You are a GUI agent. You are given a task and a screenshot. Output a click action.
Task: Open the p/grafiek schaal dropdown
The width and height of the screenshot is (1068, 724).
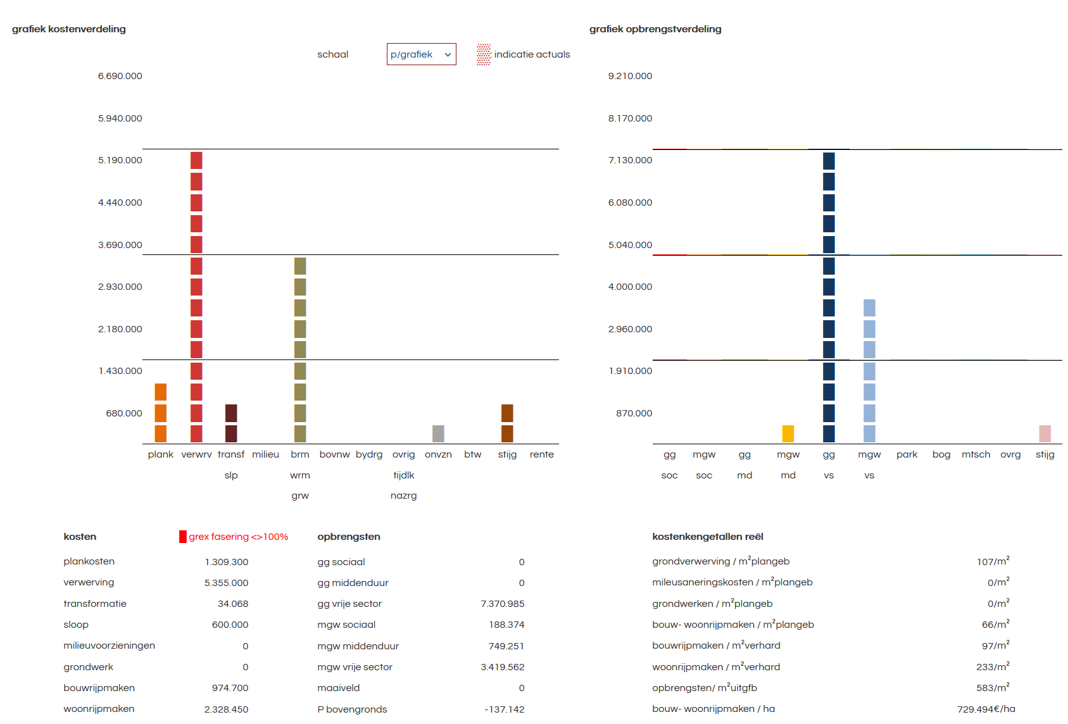point(421,54)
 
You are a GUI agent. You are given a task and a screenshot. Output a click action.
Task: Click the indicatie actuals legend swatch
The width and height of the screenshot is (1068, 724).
point(484,54)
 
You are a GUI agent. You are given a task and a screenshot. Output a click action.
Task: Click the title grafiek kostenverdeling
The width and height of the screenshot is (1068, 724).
point(69,29)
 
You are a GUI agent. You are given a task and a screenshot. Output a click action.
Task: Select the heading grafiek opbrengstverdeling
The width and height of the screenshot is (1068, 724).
point(655,29)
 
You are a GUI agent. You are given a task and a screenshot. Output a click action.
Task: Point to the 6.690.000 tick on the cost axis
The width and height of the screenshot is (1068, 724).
point(120,76)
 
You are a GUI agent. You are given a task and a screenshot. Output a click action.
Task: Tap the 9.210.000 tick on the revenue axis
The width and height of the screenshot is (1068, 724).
point(630,76)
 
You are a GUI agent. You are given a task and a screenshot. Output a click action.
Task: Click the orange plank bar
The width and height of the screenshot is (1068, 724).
point(161,413)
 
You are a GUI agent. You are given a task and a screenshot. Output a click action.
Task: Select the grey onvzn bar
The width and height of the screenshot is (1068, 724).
point(438,434)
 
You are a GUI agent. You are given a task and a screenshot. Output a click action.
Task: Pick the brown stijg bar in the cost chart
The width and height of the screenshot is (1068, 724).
point(507,423)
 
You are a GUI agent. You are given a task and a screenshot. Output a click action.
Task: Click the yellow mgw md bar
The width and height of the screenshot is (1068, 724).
point(788,434)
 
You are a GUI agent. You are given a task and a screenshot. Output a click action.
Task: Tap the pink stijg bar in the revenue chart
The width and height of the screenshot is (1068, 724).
point(1045,434)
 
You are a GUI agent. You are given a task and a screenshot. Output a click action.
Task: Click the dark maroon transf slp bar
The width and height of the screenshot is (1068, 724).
point(231,423)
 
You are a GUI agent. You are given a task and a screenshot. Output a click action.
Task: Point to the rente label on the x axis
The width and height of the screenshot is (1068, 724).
point(541,454)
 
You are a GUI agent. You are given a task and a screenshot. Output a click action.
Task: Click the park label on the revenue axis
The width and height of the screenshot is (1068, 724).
point(907,454)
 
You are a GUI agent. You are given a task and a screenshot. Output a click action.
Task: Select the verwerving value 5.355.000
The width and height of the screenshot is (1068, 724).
point(226,583)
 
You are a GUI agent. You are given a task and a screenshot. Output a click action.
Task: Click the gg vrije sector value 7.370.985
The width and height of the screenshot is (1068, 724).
point(503,604)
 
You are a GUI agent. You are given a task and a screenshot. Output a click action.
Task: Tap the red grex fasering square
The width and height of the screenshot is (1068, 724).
point(183,537)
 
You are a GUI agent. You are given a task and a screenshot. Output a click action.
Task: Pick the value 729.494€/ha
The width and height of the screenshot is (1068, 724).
point(986,709)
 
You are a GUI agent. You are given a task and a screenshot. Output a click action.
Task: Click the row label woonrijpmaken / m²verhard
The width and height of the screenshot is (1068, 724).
point(716,667)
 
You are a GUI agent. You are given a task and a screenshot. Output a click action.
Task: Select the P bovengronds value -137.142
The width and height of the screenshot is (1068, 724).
point(505,709)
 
